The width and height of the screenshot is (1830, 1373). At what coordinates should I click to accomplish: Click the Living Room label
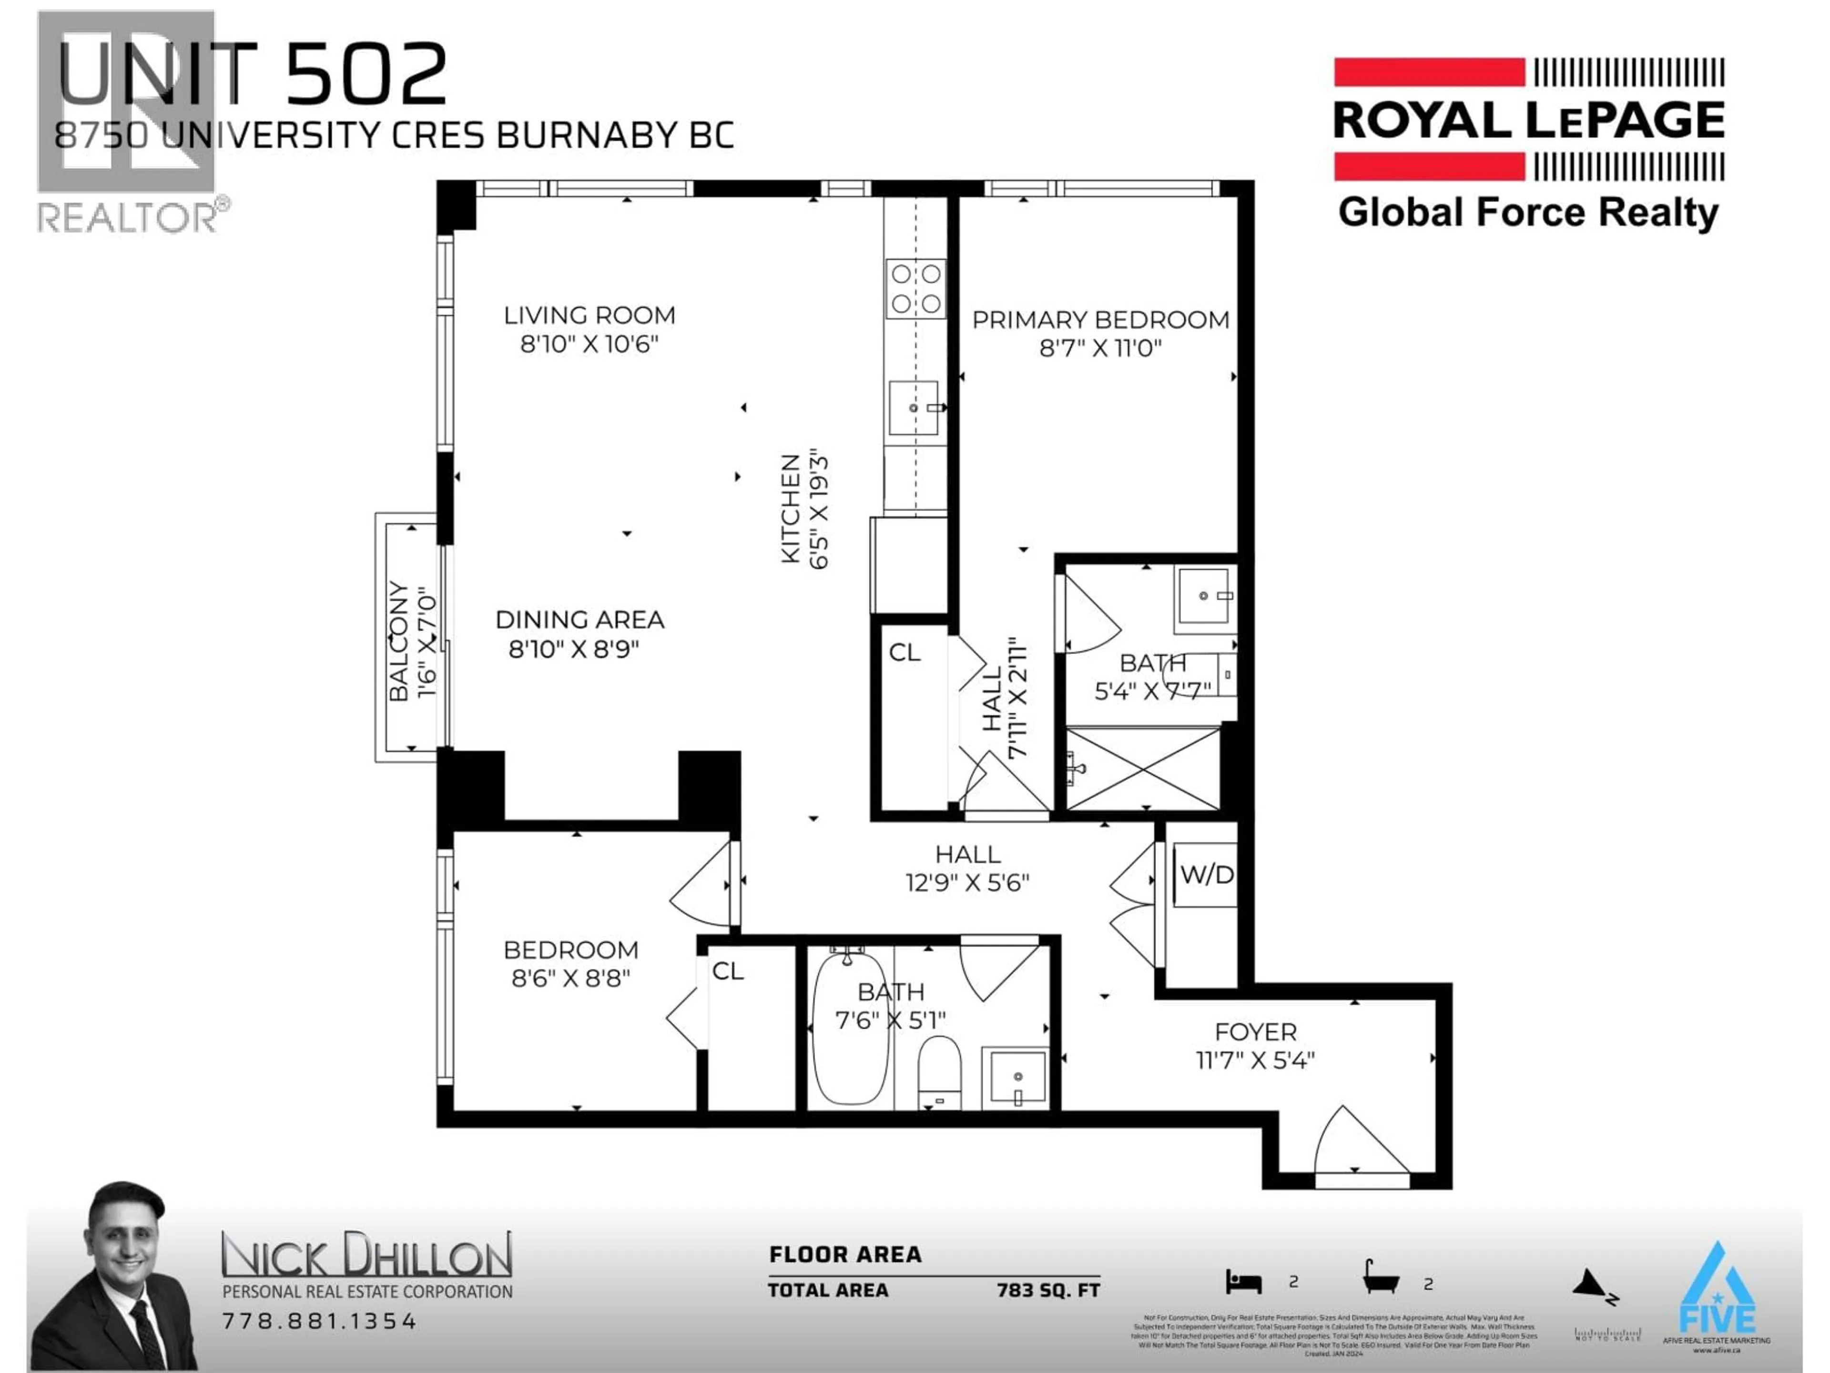tap(589, 315)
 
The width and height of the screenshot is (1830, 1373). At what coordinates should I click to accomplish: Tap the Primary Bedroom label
tap(1100, 320)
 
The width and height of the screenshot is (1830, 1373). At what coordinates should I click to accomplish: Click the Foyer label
tap(1255, 1032)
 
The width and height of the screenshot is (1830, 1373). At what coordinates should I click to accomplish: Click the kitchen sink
tap(914, 408)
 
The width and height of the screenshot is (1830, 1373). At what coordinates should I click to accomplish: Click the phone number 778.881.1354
tap(319, 1321)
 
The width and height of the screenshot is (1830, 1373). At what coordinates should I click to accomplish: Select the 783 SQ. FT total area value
tap(1048, 1290)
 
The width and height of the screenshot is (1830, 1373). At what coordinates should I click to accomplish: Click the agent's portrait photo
tap(116, 1279)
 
